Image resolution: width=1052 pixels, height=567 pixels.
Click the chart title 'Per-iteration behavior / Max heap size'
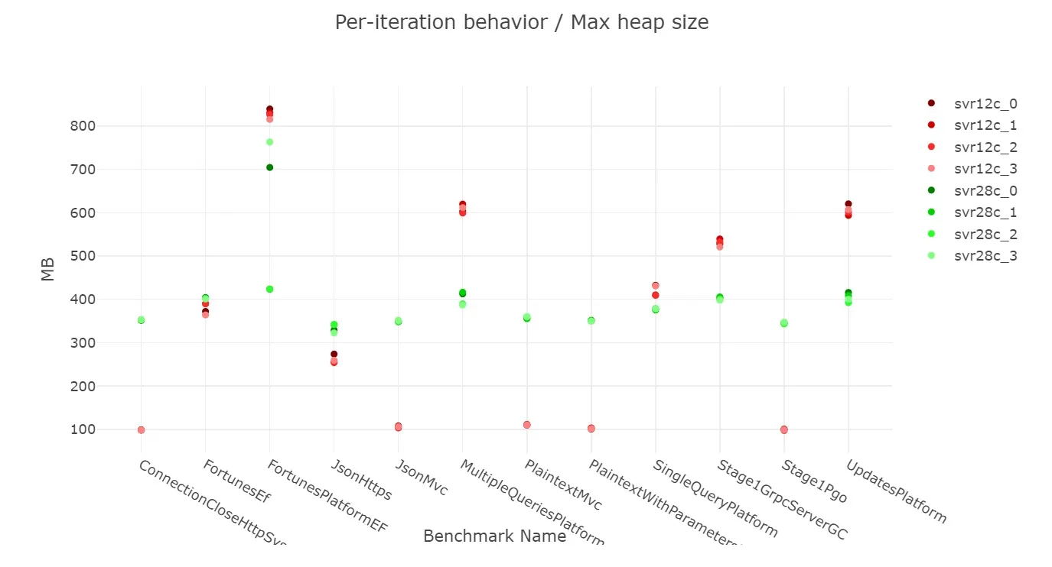[522, 22]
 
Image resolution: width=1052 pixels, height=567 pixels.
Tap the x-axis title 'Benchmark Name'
[494, 536]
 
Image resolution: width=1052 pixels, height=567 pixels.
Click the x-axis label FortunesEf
[237, 482]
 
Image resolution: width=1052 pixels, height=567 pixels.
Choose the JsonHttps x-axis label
[361, 480]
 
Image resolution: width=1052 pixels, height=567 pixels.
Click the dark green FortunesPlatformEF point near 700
[269, 167]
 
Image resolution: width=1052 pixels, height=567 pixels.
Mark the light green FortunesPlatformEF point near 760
[269, 142]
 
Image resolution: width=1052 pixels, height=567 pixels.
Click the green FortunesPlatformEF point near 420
[269, 289]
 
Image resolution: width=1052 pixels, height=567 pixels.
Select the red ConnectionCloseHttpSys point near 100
[141, 430]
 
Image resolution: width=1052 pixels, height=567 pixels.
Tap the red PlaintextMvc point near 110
[526, 425]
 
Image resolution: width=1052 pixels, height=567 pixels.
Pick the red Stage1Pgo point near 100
[783, 429]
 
